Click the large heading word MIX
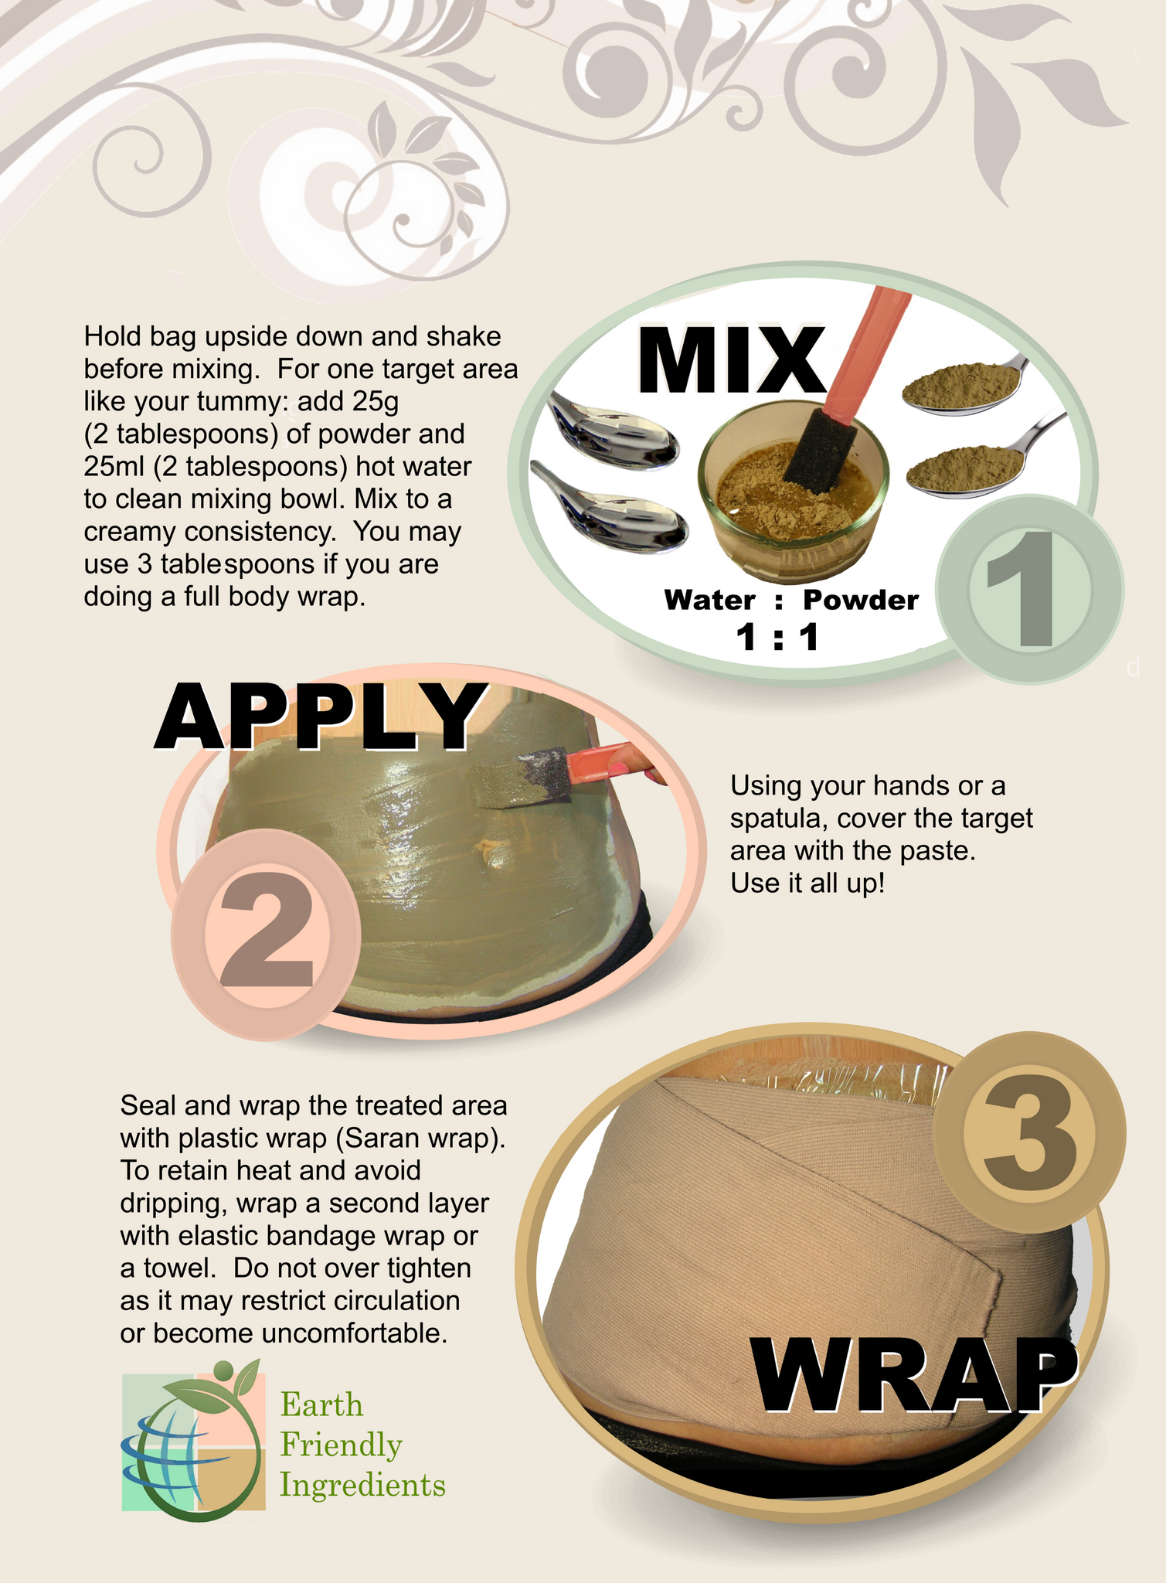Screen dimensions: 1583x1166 [x=730, y=362]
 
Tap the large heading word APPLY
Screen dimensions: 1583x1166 [x=318, y=717]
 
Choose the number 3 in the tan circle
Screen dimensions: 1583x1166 [x=1028, y=1132]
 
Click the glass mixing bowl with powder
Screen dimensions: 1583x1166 [x=792, y=495]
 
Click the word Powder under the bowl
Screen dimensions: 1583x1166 [x=860, y=600]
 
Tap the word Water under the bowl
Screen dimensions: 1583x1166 [x=709, y=600]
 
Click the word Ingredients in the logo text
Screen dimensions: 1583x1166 [x=362, y=1485]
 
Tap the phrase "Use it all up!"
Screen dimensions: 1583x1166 [x=807, y=883]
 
